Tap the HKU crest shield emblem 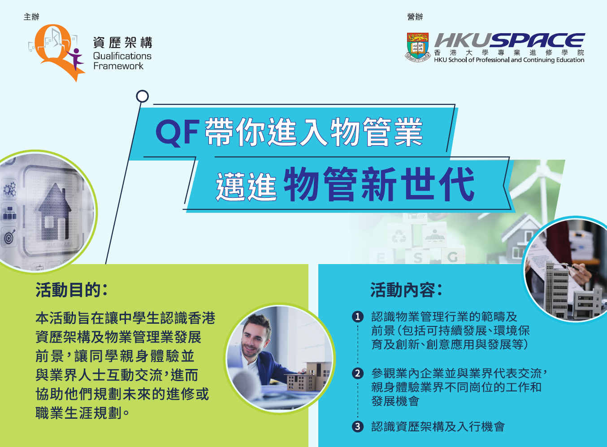pyautogui.click(x=417, y=47)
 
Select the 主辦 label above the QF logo pyautogui.click(x=31, y=17)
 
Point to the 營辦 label pyautogui.click(x=415, y=17)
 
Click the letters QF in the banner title pyautogui.click(x=178, y=133)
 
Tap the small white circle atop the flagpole pyautogui.click(x=142, y=96)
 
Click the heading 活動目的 pyautogui.click(x=72, y=290)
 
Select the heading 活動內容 pyautogui.click(x=407, y=290)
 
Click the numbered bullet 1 pyautogui.click(x=358, y=317)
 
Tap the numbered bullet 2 pyautogui.click(x=358, y=373)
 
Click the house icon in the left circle pyautogui.click(x=55, y=212)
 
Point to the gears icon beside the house pyautogui.click(x=10, y=189)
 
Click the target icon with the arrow pyautogui.click(x=9, y=236)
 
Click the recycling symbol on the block pyautogui.click(x=399, y=236)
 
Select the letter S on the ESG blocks pyautogui.click(x=417, y=258)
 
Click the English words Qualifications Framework pyautogui.click(x=122, y=61)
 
